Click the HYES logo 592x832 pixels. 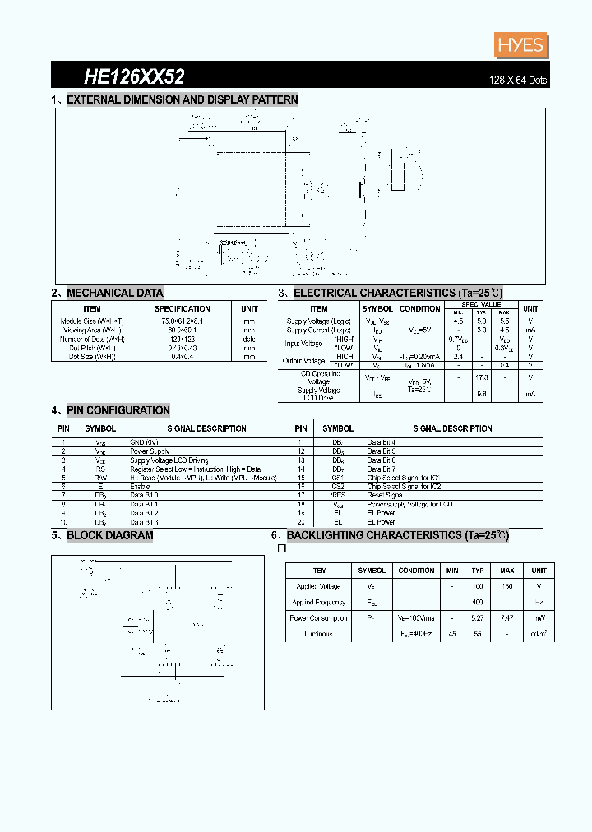coord(520,44)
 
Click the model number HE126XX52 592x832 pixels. coord(134,77)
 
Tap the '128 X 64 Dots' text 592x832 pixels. coord(518,80)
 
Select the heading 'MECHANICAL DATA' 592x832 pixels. coord(114,293)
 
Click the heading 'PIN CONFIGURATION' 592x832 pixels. coord(118,410)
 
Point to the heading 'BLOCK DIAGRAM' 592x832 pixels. coord(109,535)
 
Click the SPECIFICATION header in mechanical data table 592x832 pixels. coord(183,309)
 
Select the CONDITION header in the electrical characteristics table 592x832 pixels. coord(419,309)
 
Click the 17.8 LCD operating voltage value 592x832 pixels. coord(482,377)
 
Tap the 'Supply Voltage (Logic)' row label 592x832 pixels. coord(319,321)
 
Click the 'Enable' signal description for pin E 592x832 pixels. coord(140,487)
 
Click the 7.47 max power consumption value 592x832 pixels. coord(506,618)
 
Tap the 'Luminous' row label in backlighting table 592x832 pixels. coord(318,635)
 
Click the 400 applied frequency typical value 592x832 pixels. coord(478,603)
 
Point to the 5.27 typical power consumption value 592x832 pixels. coord(478,618)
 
